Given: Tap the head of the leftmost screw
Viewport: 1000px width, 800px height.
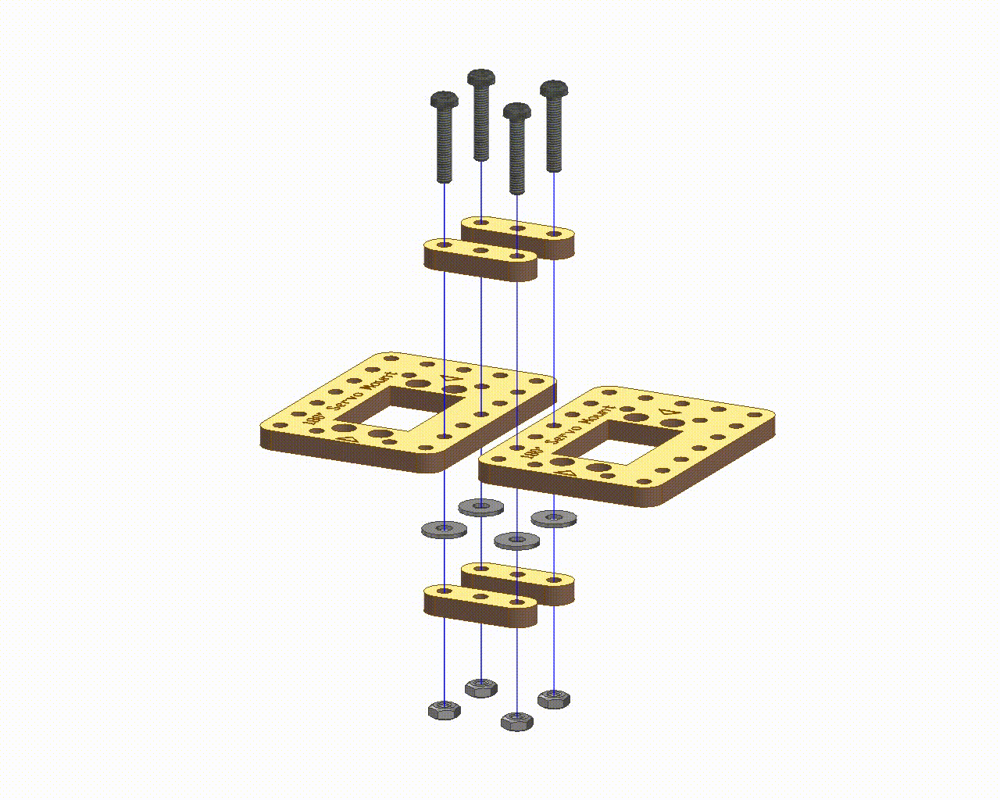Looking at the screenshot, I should pos(444,99).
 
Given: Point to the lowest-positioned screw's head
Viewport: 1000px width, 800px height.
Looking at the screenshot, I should pos(516,112).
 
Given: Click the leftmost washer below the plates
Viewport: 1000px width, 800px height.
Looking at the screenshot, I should pos(444,530).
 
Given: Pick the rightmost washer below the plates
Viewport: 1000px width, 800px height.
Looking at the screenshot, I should pos(554,517).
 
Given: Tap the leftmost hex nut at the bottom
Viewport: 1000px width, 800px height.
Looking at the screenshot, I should pos(444,710).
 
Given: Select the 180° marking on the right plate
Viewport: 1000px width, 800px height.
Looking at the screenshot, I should pos(534,454).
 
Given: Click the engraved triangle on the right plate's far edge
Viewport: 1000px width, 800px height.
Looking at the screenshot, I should pos(666,412).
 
